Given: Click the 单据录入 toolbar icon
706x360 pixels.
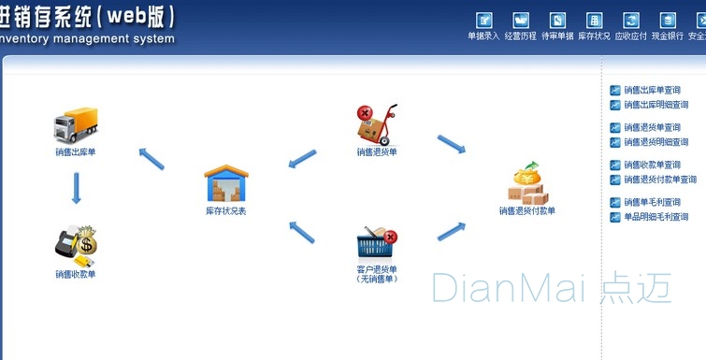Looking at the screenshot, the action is tap(483, 21).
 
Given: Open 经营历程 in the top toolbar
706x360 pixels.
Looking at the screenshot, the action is tap(521, 21).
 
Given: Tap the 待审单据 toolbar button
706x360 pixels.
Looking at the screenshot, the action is tap(557, 21).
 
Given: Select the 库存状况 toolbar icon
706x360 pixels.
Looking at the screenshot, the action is tap(594, 21).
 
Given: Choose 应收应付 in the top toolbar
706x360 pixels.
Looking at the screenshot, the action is tap(631, 21).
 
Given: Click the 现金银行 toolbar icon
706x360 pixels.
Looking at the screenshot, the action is tap(668, 21).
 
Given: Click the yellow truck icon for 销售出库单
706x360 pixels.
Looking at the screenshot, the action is tap(76, 125).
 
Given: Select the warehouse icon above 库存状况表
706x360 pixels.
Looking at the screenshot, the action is tap(224, 184).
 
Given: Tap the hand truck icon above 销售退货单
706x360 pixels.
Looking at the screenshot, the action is tap(377, 124).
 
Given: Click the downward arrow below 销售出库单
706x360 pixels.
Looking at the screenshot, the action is tap(77, 188).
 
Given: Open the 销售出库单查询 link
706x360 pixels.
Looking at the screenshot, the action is tap(652, 91).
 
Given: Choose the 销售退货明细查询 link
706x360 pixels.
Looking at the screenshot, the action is tap(656, 142).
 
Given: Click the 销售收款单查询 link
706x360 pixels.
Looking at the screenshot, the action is tap(652, 165).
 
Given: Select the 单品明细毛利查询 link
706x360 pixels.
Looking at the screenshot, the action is tap(656, 217).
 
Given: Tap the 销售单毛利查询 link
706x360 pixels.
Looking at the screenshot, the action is tap(652, 202).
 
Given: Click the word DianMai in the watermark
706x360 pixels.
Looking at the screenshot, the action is tap(506, 287).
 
